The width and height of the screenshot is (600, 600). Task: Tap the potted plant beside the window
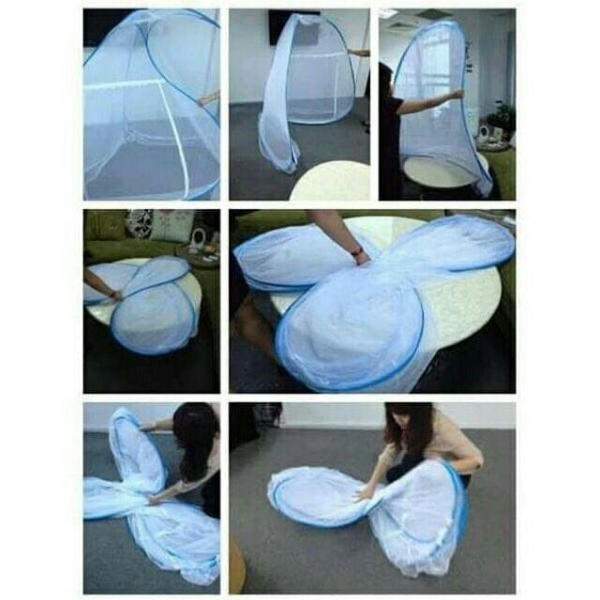point(503,117)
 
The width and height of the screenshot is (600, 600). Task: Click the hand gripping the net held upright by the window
point(457,94)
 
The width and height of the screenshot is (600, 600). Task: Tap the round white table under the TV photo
point(330,183)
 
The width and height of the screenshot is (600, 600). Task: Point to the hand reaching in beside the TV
point(360,53)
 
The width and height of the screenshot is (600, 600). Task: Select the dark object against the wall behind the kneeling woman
point(266,413)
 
